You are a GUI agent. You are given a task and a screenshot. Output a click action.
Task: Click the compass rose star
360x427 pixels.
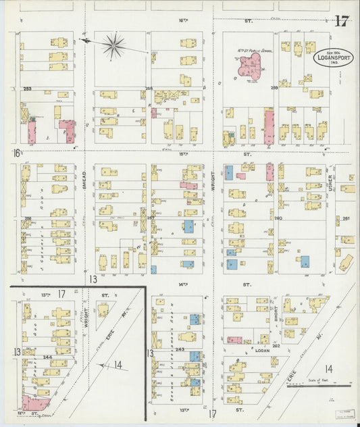[x=114, y=46]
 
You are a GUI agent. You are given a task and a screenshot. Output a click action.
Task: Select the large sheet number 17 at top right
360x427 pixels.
[x=340, y=21]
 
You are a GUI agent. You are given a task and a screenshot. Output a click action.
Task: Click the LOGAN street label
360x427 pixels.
[x=262, y=351]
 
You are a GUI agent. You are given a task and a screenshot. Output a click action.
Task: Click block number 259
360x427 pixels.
[x=274, y=88]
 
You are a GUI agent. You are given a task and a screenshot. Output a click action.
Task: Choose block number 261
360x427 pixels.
[x=347, y=218]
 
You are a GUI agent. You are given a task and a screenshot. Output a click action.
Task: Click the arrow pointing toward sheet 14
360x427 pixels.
[x=103, y=366]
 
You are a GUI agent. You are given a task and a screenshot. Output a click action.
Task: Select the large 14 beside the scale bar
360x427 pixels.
[x=328, y=369]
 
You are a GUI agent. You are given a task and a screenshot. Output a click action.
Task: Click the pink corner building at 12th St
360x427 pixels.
[x=34, y=403]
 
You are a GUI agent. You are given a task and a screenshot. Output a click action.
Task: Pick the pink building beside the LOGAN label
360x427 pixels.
[x=234, y=340]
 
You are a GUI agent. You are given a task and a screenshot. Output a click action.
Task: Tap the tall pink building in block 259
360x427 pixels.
[x=268, y=126]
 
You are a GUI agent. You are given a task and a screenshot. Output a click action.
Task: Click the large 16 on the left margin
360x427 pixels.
[x=16, y=154]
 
